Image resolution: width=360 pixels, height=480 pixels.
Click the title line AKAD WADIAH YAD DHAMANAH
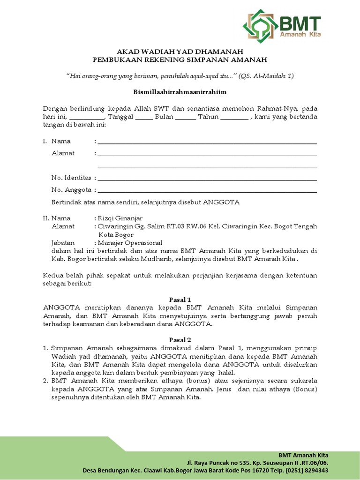(x=180, y=52)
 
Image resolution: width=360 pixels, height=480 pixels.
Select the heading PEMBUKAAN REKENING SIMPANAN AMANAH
(x=180, y=60)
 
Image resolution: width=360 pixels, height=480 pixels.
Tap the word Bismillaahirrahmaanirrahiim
(x=180, y=92)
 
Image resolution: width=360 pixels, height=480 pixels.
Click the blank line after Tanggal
(x=144, y=117)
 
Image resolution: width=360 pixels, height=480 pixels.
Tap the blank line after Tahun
(x=234, y=117)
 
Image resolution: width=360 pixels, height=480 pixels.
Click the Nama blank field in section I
(x=207, y=142)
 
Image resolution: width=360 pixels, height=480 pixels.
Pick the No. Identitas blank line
(x=207, y=179)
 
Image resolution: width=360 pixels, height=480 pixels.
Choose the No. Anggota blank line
(x=207, y=191)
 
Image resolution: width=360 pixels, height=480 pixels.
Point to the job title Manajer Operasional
(x=130, y=243)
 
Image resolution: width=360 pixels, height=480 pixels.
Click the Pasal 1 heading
(x=180, y=300)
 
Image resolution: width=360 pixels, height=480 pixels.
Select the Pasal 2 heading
(x=180, y=339)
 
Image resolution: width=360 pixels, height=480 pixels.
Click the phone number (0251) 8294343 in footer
(x=307, y=470)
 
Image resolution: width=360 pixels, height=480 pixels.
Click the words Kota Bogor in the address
(x=115, y=234)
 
